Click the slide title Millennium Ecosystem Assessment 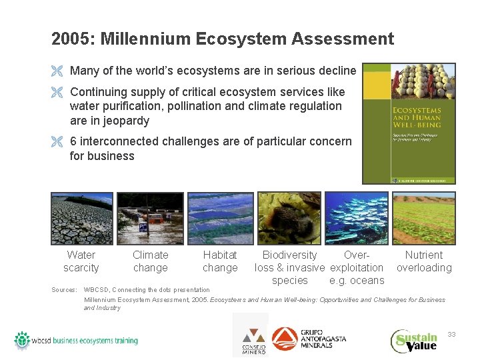point(223,39)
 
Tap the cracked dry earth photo point(81,218)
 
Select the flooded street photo point(150,218)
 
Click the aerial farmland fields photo point(220,218)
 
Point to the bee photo point(289,218)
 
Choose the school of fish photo point(357,218)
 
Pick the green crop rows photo point(424,218)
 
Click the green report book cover point(409,123)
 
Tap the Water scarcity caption point(81,261)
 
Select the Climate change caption point(151,261)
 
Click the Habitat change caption point(220,261)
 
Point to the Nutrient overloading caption point(424,261)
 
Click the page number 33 point(451,334)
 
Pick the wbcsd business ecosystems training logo point(76,341)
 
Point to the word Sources point(64,290)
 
